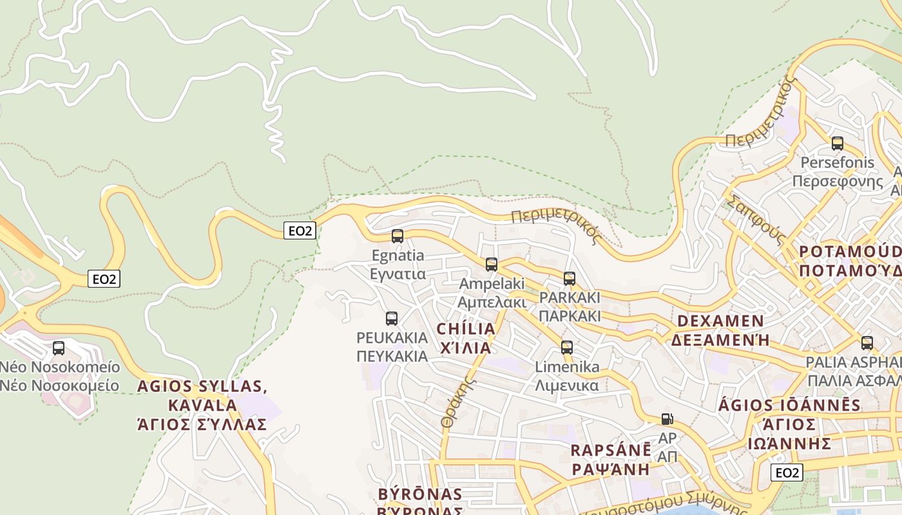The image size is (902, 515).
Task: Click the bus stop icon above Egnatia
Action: coord(398,236)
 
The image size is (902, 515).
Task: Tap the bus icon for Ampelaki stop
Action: coord(492,265)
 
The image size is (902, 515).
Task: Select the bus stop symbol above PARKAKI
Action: coord(570,279)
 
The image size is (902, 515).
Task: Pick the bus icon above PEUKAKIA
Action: coord(392,318)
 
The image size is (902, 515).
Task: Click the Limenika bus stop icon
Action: coord(567,348)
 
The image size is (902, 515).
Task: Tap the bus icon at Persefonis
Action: coord(838,144)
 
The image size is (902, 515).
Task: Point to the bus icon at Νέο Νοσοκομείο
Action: coord(59,348)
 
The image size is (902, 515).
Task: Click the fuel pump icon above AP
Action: coord(667,419)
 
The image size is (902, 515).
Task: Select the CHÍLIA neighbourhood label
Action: coord(466,330)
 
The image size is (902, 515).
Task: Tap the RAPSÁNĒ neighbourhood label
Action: coord(610,451)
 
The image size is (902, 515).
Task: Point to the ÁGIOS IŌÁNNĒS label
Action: coord(789,406)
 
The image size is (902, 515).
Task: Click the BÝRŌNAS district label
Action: coord(420,494)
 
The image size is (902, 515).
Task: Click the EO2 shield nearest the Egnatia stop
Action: coord(300,230)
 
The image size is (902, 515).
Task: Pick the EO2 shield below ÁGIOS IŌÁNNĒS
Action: coord(787,473)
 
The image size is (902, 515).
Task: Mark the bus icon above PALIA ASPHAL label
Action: coord(867,343)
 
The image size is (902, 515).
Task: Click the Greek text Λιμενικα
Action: coord(567,386)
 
